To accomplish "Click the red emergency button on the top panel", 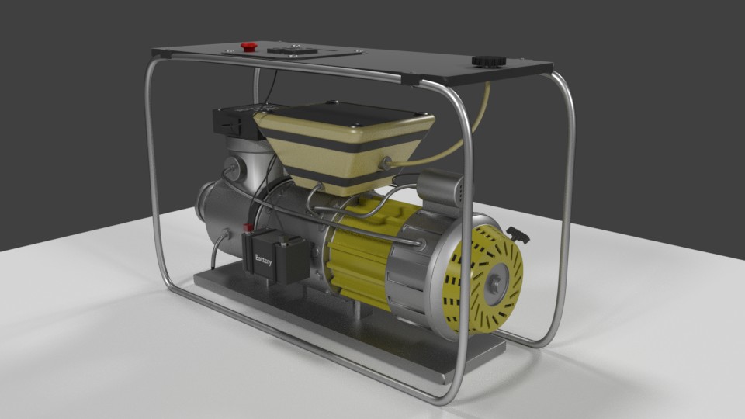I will point(249,46).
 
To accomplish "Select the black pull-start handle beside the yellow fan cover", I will point(517,234).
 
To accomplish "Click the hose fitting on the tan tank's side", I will point(385,161).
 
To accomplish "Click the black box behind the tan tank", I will point(232,123).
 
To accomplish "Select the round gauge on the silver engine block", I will point(230,167).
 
